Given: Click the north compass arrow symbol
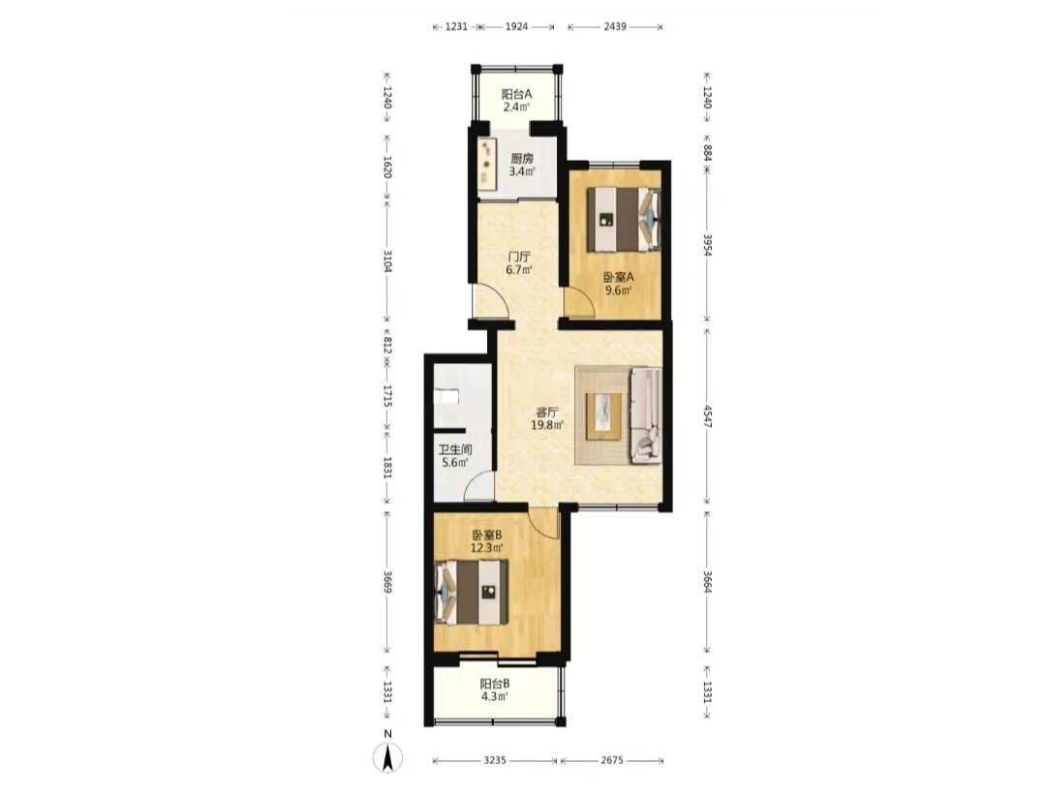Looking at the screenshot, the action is [386, 757].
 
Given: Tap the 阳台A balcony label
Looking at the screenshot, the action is [516, 94].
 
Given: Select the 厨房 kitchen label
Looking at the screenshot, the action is [522, 159].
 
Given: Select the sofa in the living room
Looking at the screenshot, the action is [646, 414].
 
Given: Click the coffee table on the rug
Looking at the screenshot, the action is [603, 416].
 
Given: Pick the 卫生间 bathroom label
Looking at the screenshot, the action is [455, 449].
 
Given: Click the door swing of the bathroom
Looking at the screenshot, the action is [479, 485].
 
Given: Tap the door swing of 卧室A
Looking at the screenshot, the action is [579, 302].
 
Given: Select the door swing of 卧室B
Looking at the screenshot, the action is [543, 522].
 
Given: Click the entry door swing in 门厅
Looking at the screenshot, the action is [490, 301].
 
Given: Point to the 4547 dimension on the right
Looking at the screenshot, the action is [707, 414].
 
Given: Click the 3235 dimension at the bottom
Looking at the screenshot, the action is [495, 760].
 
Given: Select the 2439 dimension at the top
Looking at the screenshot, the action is [615, 27].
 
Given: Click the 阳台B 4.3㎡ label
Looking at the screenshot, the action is [495, 689].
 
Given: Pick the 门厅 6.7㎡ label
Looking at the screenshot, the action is [519, 262].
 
